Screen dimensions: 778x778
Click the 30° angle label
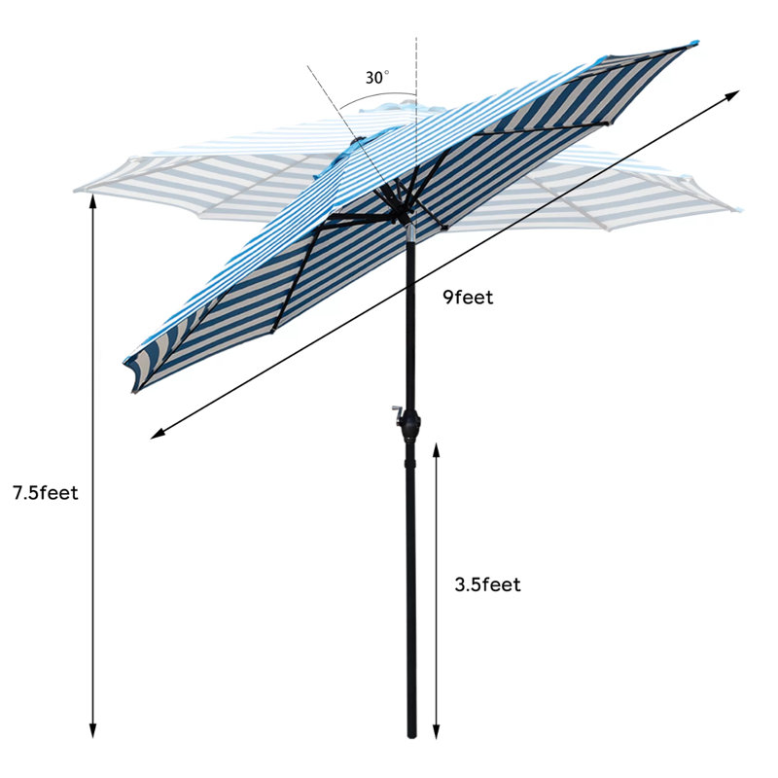pyautogui.click(x=377, y=78)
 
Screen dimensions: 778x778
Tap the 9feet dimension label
pyautogui.click(x=468, y=298)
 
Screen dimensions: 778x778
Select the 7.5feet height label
pyautogui.click(x=46, y=493)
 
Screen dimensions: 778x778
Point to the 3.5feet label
pyautogui.click(x=488, y=584)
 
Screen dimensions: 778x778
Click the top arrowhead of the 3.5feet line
pyautogui.click(x=436, y=449)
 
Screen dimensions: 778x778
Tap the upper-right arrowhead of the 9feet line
pyautogui.click(x=733, y=94)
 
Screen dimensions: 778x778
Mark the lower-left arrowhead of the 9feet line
pyautogui.click(x=157, y=435)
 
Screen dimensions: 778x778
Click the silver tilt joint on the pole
pyautogui.click(x=410, y=233)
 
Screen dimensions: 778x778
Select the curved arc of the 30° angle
pyautogui.click(x=377, y=96)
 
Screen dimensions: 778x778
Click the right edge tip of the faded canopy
pyautogui.click(x=739, y=210)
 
